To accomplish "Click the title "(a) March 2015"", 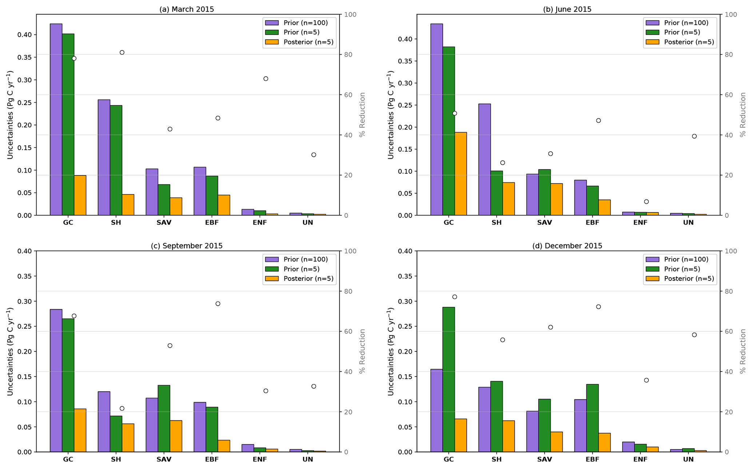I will tap(187, 9).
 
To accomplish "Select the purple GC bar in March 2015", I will tap(56, 120).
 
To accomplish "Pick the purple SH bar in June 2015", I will tap(484, 160).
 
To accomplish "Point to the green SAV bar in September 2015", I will tap(164, 418).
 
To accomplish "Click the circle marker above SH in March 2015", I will tap(122, 52).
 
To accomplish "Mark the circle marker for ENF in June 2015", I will tap(646, 202).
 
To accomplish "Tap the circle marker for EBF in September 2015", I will tap(218, 304).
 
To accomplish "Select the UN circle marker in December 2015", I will tap(694, 335).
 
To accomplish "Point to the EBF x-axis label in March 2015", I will tap(212, 223).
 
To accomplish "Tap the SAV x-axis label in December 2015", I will tap(544, 459).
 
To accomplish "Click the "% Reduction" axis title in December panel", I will tap(743, 351).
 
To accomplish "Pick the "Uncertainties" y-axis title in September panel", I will tap(10, 351).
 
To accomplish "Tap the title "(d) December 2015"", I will tap(567, 246).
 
